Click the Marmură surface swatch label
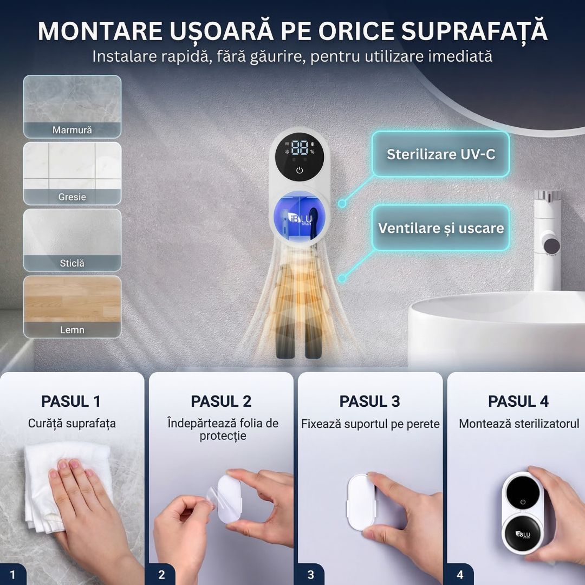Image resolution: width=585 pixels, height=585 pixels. pos(72,130)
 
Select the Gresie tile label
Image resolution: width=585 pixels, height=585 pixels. pos(72,197)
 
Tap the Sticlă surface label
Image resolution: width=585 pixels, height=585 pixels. pos(72,263)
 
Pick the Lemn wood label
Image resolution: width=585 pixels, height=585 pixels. pos(72,330)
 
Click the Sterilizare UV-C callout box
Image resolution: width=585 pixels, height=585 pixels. pos(440,154)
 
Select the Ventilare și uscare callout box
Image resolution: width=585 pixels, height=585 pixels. pos(440,227)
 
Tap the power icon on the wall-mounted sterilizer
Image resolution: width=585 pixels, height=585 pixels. pos(300,171)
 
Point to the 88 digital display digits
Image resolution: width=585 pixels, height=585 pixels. pos(300,148)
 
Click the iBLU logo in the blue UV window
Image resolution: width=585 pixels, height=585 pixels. pos(302,220)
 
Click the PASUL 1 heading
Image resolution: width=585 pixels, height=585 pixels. pos(71,401)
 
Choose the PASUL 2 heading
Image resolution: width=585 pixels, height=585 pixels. pos(221,401)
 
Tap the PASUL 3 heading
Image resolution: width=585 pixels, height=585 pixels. pos(370,401)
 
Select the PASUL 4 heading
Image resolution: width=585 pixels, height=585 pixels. pos(518,401)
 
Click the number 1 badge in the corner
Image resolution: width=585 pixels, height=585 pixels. pos(12,575)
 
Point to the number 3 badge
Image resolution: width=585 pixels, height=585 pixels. pos(310,575)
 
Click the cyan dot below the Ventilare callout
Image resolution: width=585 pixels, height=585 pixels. pos(342,278)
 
